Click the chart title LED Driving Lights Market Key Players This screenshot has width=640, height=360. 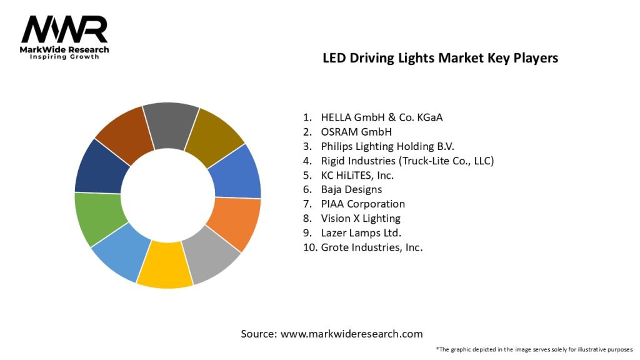(x=440, y=58)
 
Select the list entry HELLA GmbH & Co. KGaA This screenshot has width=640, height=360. (x=386, y=117)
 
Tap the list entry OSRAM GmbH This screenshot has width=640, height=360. (x=356, y=131)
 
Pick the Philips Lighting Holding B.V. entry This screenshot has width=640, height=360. (x=387, y=146)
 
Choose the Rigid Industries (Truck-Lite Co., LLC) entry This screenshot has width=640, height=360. (x=407, y=161)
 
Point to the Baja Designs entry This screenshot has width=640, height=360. (x=351, y=189)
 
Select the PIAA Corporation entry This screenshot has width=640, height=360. (x=362, y=204)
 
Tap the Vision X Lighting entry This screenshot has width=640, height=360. (x=361, y=218)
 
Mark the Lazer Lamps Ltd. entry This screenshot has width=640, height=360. (x=361, y=232)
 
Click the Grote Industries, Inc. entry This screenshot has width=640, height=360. (x=372, y=247)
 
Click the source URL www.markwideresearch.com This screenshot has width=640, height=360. (x=352, y=334)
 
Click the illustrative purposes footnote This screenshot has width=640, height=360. (x=534, y=349)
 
